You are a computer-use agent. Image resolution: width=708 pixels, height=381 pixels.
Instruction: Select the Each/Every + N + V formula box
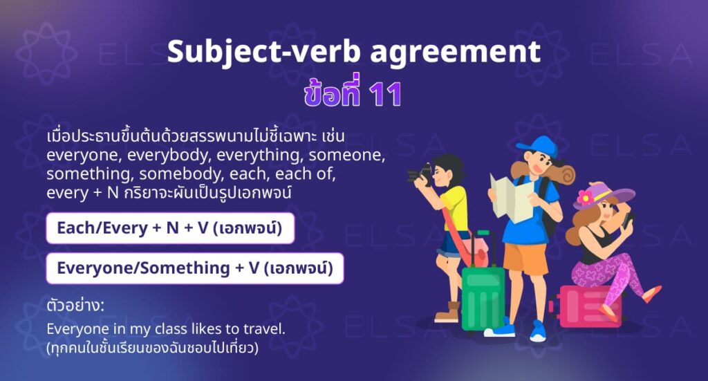[170, 228]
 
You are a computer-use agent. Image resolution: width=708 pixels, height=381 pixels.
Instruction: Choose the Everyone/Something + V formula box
[194, 268]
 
